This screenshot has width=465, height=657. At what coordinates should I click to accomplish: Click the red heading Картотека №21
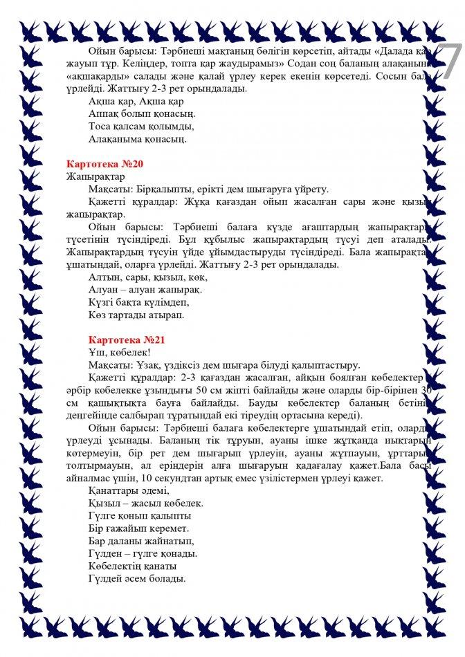coord(127,340)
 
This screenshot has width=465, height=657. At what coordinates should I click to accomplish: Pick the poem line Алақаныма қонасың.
coord(138,139)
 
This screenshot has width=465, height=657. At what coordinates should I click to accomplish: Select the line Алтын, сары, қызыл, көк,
coord(148,277)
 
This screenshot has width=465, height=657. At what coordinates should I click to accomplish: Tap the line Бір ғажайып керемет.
coord(134,529)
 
